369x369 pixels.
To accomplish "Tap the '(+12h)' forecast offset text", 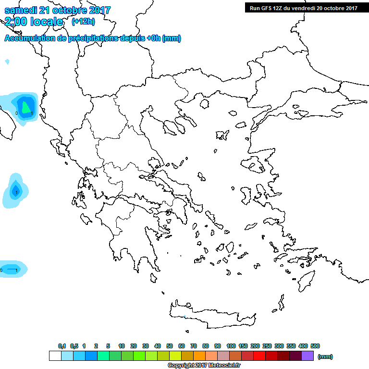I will pyautogui.click(x=83, y=22).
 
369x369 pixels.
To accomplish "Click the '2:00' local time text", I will pyautogui.click(x=15, y=22).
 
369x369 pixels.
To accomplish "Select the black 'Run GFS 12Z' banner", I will pyautogui.click(x=303, y=8).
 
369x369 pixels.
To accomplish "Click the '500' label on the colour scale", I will pyautogui.click(x=315, y=346).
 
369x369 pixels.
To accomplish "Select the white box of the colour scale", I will pyautogui.click(x=55, y=356).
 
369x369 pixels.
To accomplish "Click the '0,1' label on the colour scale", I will pyautogui.click(x=62, y=346).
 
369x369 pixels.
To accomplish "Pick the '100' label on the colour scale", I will pyautogui.click(x=231, y=346).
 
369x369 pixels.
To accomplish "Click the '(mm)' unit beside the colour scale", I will pyautogui.click(x=325, y=357).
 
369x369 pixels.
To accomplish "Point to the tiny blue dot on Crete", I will pyautogui.click(x=185, y=317).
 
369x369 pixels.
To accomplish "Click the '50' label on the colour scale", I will pyautogui.click(x=170, y=346).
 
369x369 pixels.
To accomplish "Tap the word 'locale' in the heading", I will pyautogui.click(x=46, y=22).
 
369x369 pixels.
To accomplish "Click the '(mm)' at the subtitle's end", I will pyautogui.click(x=172, y=38).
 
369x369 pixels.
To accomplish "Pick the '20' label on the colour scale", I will pyautogui.click(x=134, y=346).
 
